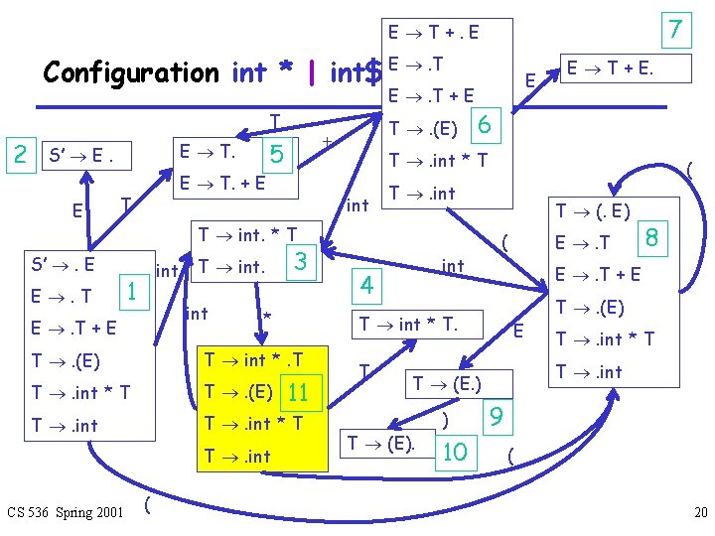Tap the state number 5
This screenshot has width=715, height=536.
pos(277,153)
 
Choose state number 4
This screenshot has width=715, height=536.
pos(366,287)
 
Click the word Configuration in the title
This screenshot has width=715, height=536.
pos(130,72)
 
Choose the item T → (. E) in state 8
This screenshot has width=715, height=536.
pos(593,210)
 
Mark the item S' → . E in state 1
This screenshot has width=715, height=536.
pos(63,264)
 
